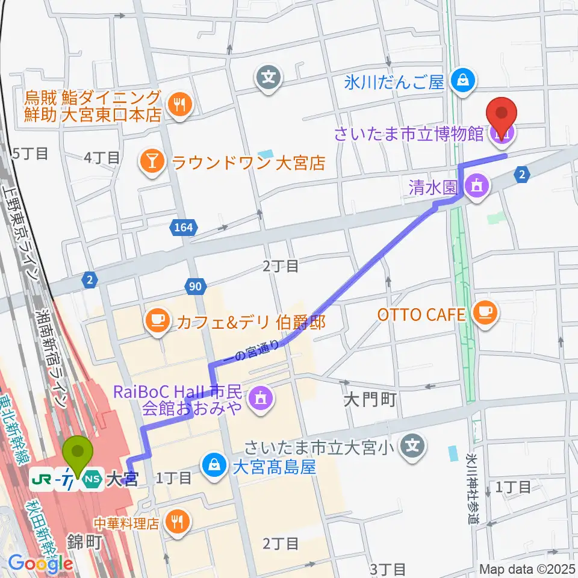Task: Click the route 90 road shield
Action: pyautogui.click(x=196, y=287)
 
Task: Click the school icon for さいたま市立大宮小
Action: pyautogui.click(x=412, y=446)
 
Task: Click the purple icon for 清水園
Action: pyautogui.click(x=477, y=186)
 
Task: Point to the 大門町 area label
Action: pyautogui.click(x=370, y=400)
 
